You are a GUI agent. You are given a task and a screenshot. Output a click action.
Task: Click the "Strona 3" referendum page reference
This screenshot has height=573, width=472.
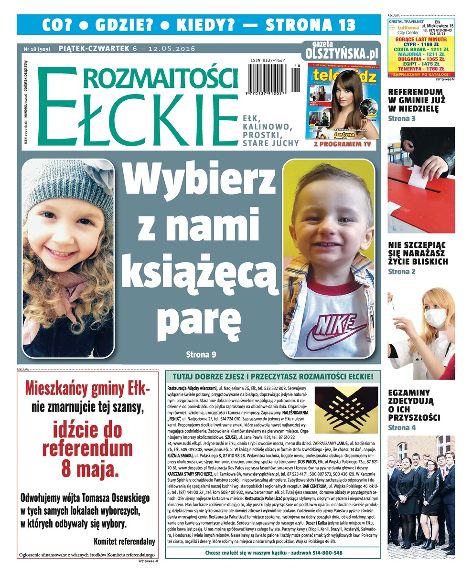[401, 118]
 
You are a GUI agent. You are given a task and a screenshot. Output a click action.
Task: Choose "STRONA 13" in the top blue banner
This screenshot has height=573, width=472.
[310, 24]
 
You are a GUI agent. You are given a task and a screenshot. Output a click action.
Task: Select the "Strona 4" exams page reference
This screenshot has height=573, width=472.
[401, 427]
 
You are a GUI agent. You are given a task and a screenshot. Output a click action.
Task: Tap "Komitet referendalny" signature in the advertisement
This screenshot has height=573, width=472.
[125, 541]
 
